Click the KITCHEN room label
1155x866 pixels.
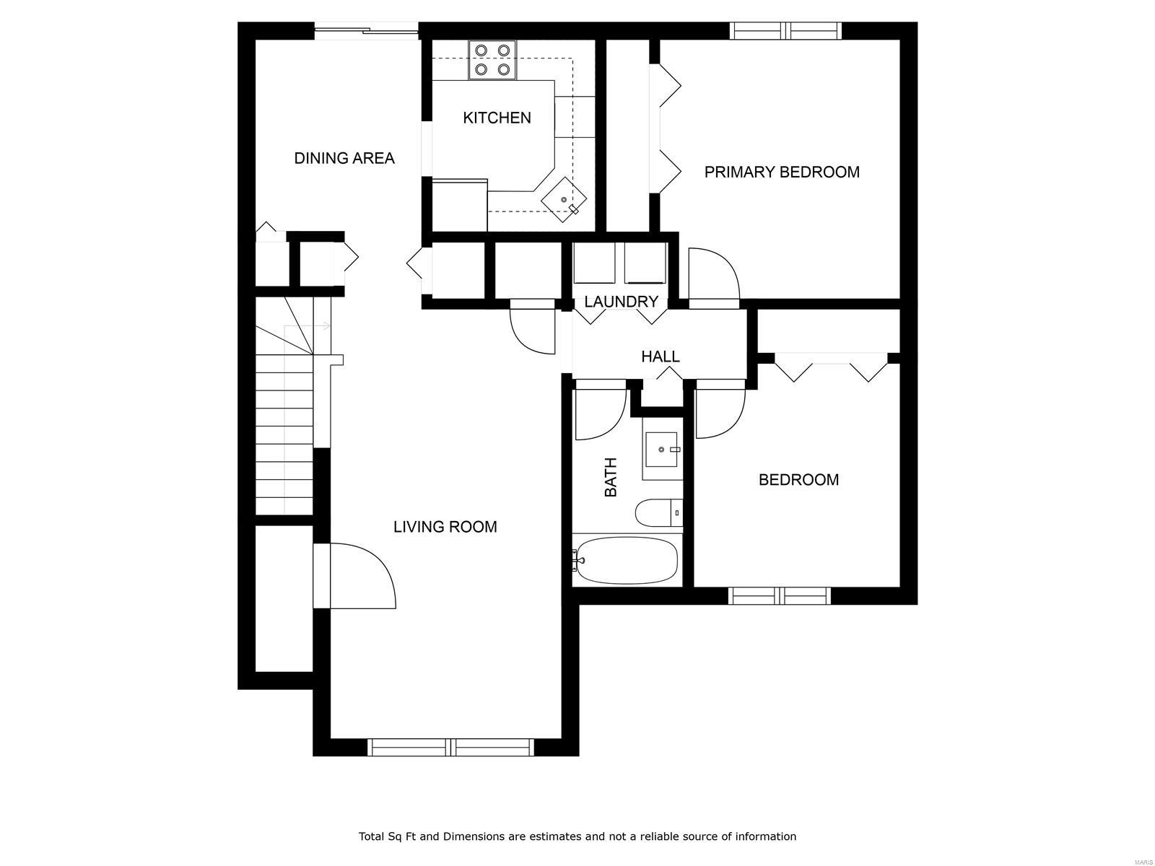(x=497, y=118)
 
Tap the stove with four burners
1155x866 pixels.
(x=492, y=60)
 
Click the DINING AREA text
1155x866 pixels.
(x=344, y=158)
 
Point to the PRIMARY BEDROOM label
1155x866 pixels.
(x=782, y=172)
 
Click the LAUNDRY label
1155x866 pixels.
(x=621, y=302)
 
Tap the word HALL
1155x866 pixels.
(x=660, y=357)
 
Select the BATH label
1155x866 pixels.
(x=611, y=477)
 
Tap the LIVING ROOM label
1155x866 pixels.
(x=445, y=527)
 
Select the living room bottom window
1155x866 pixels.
(x=450, y=747)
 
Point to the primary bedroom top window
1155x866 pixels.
(x=785, y=30)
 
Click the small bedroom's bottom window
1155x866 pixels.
(x=779, y=595)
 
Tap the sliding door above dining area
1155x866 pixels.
(x=367, y=30)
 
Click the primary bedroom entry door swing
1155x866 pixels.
(x=713, y=274)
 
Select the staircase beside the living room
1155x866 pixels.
(x=284, y=433)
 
